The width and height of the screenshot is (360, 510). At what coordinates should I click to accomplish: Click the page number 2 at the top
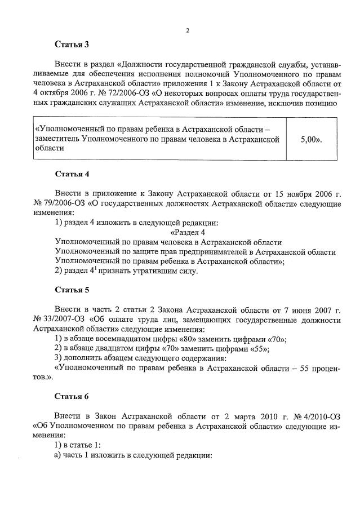[187, 30]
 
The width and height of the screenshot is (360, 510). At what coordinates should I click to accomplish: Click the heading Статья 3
[72, 43]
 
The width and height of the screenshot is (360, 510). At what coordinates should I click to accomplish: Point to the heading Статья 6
[72, 396]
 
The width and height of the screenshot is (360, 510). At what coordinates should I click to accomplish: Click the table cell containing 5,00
[312, 139]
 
